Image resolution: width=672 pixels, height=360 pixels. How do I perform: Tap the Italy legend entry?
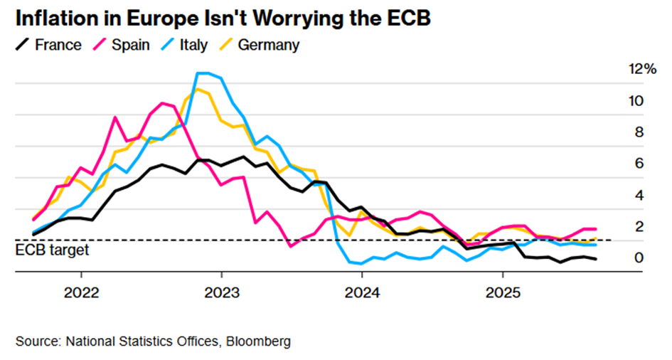(x=185, y=46)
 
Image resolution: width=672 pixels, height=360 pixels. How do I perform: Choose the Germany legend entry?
(x=260, y=46)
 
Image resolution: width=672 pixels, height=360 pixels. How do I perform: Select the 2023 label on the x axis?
(x=221, y=293)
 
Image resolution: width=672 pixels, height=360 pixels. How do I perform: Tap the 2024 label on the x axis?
(x=361, y=293)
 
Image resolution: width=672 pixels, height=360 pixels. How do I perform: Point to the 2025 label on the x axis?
(x=502, y=293)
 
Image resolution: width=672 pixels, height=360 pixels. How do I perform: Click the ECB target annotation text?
(x=52, y=250)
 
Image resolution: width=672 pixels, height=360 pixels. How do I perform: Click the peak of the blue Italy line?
(x=203, y=73)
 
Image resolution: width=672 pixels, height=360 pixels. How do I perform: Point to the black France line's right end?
(x=595, y=259)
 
